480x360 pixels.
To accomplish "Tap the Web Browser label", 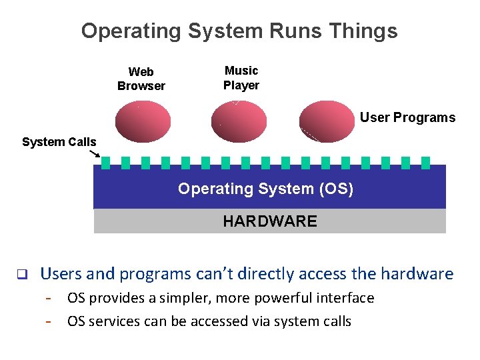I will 141,79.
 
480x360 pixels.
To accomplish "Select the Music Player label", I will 241,78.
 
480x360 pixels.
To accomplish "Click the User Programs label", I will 407,118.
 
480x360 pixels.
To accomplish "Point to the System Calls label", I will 59,142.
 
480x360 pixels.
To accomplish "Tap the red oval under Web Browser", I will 143,121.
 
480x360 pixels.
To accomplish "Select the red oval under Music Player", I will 239,121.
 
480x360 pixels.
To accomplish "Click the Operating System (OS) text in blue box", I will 265,189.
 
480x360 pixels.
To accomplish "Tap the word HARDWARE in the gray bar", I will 270,221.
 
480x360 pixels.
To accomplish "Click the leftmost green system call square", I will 106,163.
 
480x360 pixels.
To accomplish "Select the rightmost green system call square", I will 425,163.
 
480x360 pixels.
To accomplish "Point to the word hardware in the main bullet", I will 417,274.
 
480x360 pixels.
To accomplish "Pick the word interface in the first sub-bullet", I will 342,298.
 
